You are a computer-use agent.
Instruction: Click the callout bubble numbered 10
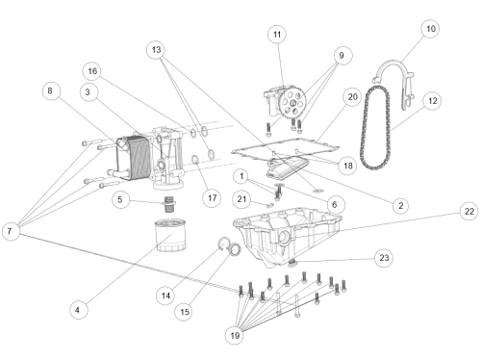[x=430, y=29]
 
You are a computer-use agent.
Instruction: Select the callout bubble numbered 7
[x=11, y=231]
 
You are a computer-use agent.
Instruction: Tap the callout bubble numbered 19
[x=235, y=336]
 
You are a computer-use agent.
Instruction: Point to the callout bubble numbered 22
[x=469, y=212]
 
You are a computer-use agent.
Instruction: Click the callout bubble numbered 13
[x=156, y=50]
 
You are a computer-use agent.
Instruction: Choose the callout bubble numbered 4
[x=78, y=310]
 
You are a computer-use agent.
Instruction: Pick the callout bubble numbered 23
[x=384, y=258]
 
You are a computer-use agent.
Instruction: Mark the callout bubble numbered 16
[x=92, y=71]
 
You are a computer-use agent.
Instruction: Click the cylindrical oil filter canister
[x=170, y=235]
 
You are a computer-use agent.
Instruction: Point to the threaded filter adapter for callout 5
[x=168, y=204]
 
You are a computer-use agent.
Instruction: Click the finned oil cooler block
[x=134, y=158]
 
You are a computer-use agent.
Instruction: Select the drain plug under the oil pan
[x=292, y=264]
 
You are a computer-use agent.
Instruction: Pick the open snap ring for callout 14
[x=224, y=243]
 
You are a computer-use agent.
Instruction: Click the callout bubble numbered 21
[x=241, y=199]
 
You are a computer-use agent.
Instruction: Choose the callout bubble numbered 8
[x=51, y=90]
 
